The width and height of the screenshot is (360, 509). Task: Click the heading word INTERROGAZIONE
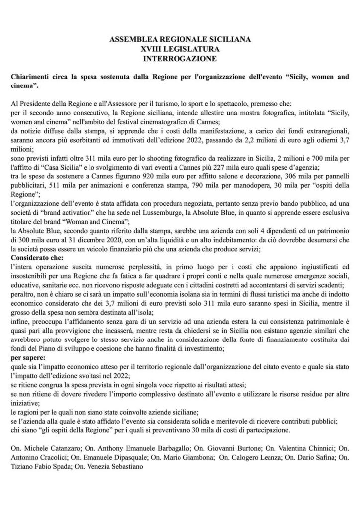(x=180, y=58)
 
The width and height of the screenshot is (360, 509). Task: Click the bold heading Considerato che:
(x=36, y=262)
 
